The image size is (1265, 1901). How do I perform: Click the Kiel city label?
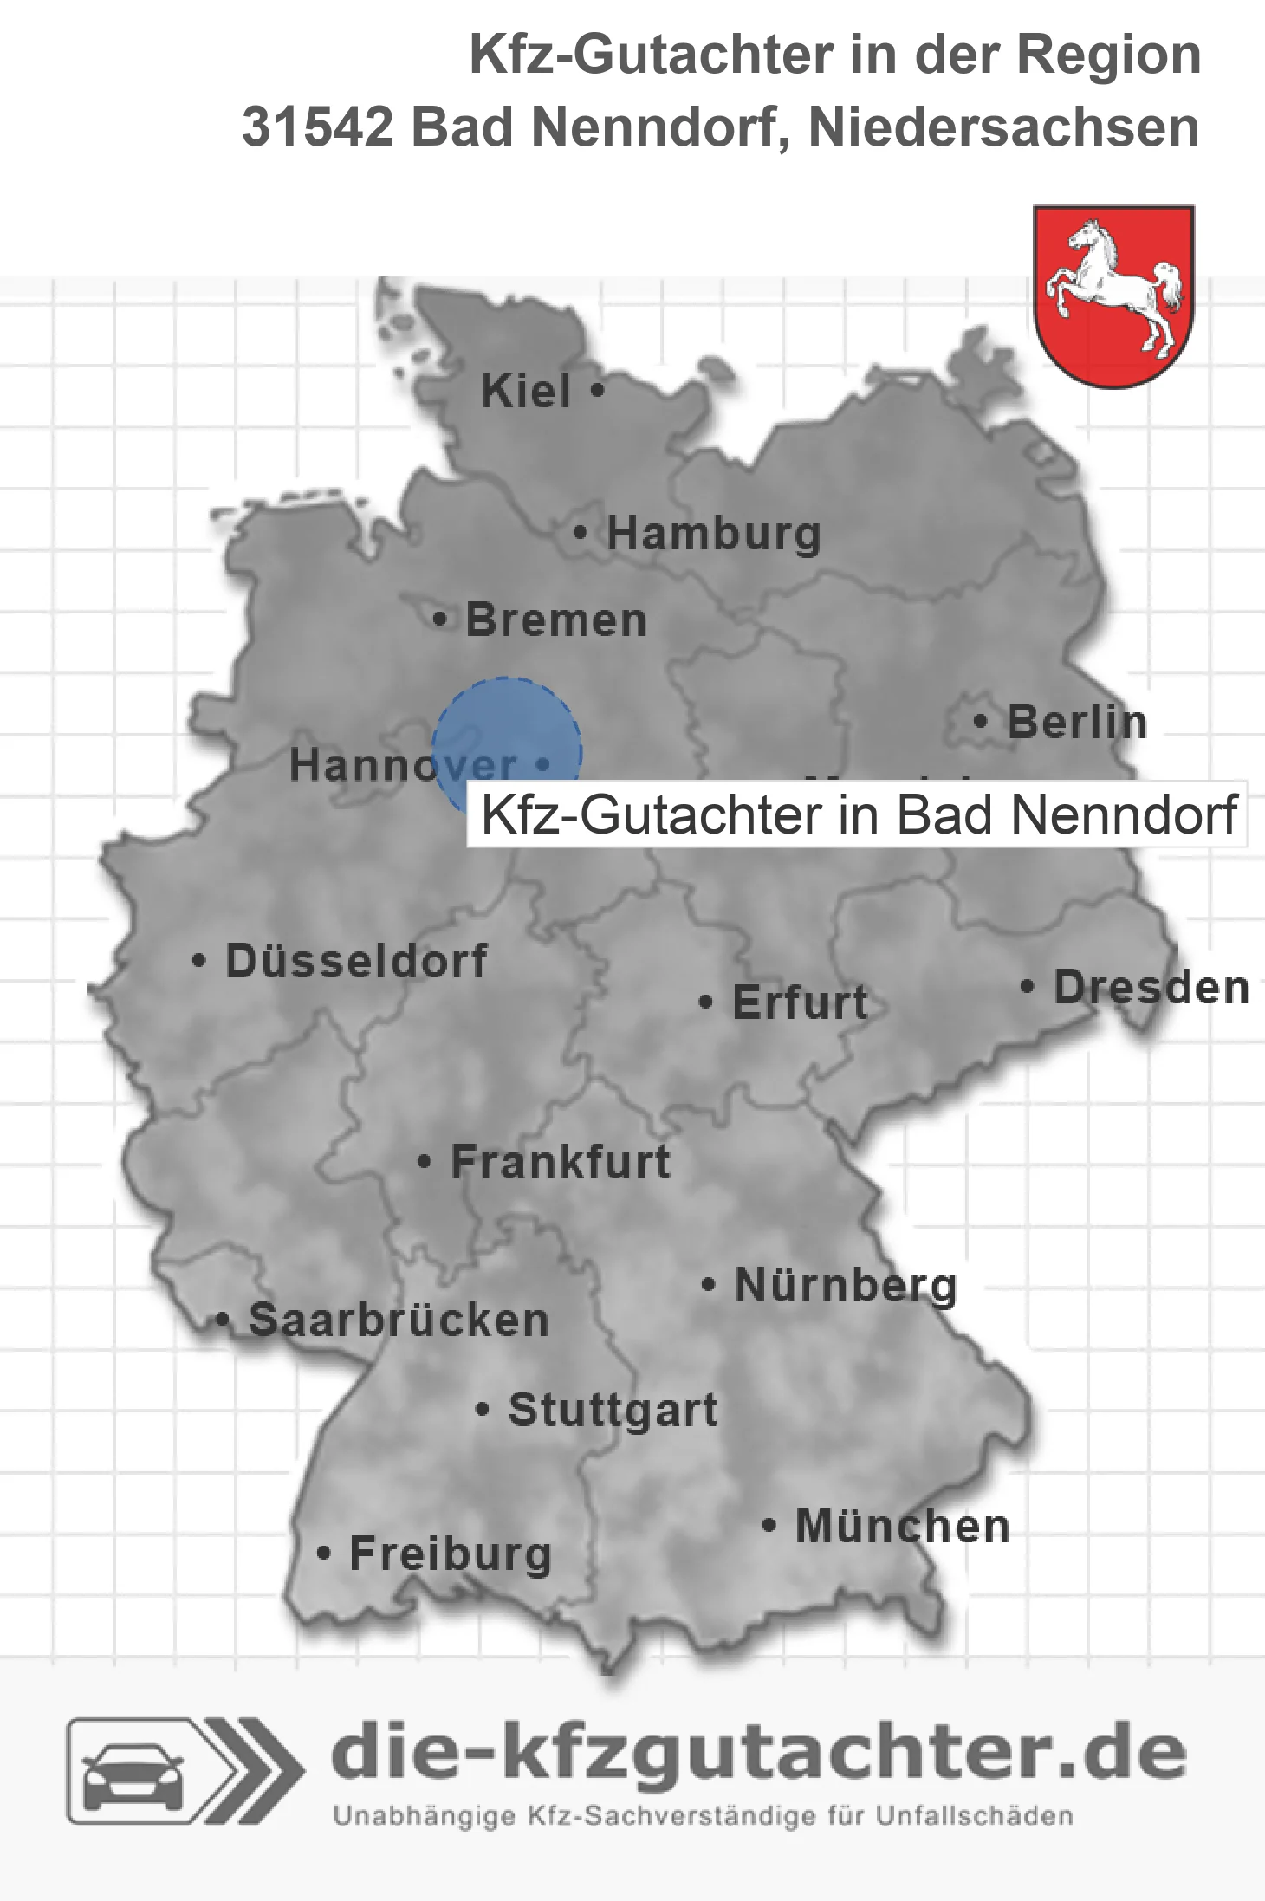coord(526,391)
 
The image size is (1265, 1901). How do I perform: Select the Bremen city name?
coord(556,620)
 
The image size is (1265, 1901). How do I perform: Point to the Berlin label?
coord(1077,722)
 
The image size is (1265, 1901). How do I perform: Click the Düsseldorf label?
coord(356,961)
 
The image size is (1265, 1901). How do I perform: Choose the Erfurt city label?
coord(800,1002)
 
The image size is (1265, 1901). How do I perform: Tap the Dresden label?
coord(1151,987)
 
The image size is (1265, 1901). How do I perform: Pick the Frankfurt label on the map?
coord(561,1162)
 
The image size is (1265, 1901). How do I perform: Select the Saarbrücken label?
coord(399,1320)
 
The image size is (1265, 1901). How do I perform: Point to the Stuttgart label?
coord(613,1410)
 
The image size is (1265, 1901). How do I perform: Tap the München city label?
coord(902,1526)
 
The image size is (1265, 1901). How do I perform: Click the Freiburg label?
coord(450,1554)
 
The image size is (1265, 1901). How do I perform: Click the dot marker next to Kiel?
coord(596,391)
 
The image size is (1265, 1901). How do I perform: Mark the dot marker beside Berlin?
coord(980,721)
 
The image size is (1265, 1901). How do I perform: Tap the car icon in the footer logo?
coord(132,1772)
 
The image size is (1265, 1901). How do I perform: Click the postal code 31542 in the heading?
coord(317,127)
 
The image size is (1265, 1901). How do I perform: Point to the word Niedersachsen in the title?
coord(1003,127)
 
